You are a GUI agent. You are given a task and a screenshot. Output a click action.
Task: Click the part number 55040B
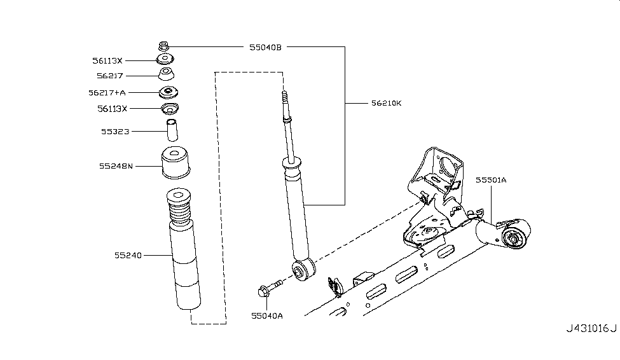(x=265, y=46)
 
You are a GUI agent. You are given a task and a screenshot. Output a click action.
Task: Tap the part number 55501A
(x=490, y=181)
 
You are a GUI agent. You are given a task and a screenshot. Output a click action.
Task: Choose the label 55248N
(x=116, y=167)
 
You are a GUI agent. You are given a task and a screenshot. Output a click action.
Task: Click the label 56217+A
(x=107, y=92)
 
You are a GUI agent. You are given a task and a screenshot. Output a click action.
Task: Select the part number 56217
(x=110, y=76)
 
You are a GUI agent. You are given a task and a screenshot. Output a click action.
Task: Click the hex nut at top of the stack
(x=163, y=46)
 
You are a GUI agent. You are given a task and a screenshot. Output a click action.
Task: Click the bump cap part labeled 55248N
(x=176, y=164)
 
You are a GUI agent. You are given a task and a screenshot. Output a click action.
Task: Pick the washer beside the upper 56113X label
(x=166, y=60)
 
